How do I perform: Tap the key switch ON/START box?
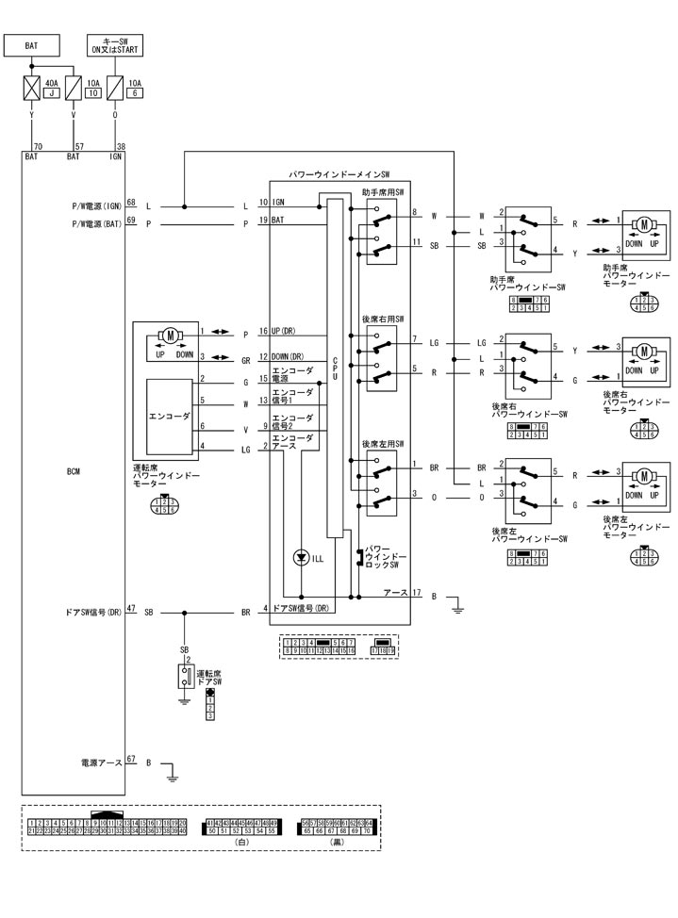(x=114, y=44)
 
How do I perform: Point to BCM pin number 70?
(x=38, y=147)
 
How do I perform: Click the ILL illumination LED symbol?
(x=302, y=558)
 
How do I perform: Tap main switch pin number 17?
(x=416, y=592)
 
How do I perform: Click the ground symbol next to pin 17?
(x=457, y=608)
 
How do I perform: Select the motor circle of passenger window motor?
(x=645, y=223)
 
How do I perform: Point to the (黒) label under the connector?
(x=337, y=842)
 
